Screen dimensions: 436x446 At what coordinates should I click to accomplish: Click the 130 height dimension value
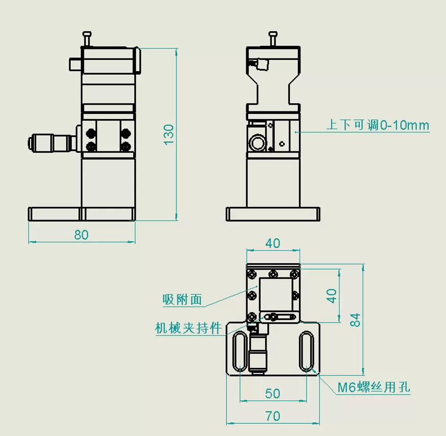pos(169,135)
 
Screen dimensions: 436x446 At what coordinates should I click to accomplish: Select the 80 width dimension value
pos(81,235)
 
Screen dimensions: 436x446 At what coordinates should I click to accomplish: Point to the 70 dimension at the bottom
pos(273,416)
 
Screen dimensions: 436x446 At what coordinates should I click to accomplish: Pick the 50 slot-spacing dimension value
pos(273,393)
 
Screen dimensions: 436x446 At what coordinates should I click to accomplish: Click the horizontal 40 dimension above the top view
pos(273,243)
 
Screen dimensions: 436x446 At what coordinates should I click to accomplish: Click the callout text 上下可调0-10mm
pos(377,125)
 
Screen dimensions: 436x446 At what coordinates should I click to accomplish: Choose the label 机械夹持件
pos(188,329)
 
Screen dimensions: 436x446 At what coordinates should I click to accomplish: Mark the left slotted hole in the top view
pos(240,352)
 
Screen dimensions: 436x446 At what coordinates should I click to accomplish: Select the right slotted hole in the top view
pos(306,352)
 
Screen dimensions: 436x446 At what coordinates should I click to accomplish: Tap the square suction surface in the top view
pos(275,295)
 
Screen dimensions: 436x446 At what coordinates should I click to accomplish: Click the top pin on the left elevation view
pos(87,38)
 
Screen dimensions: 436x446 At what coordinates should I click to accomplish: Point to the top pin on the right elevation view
pos(273,38)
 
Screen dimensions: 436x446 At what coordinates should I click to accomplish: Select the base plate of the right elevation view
pos(273,214)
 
